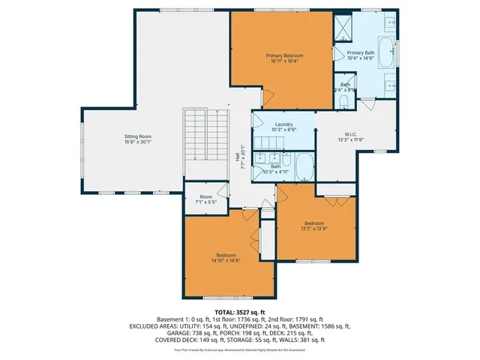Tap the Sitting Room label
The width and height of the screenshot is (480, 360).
click(x=137, y=136)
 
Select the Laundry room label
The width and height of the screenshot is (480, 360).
click(x=283, y=124)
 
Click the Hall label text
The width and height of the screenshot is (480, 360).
click(x=238, y=157)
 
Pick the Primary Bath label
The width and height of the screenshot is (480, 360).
click(x=360, y=52)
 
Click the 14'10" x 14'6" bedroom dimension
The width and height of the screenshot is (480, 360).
click(x=226, y=260)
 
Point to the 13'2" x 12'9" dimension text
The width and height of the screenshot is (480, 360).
click(x=313, y=228)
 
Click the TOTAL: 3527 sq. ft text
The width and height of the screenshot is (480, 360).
click(x=240, y=311)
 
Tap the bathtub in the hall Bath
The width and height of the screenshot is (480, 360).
click(x=305, y=166)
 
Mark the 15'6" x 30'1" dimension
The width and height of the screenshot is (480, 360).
click(x=137, y=142)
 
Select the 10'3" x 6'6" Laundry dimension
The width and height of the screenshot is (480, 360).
click(x=283, y=130)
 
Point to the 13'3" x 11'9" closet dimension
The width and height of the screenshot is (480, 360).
click(x=346, y=139)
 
